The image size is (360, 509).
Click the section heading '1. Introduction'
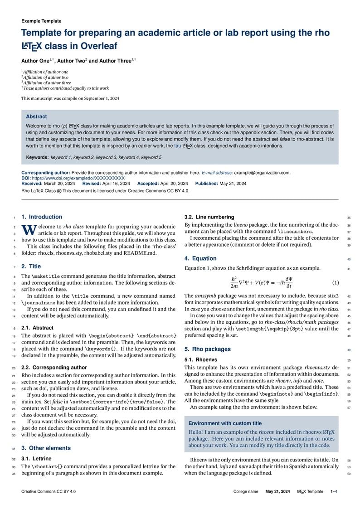[x=42, y=217]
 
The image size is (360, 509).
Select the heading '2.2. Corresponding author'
[x=54, y=368]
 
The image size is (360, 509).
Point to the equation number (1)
[x=336, y=283]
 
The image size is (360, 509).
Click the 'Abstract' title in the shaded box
[x=36, y=117]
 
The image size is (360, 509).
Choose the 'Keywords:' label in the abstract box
[x=37, y=157]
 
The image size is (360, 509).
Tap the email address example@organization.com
[x=263, y=173]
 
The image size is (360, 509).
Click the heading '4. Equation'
[x=200, y=259]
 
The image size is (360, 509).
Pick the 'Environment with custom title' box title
[x=225, y=423]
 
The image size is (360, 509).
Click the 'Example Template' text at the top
[x=41, y=21]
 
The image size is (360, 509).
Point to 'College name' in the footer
[x=246, y=492]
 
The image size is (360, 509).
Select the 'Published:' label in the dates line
[x=207, y=184]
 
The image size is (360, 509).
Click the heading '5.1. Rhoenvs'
[x=200, y=359]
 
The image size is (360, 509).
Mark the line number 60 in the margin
[x=349, y=474]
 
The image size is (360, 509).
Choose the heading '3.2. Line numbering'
[x=209, y=217]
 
